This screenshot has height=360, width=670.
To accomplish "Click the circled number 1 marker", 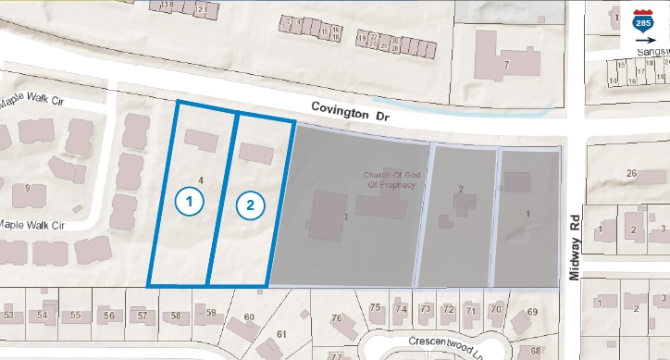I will (190, 199).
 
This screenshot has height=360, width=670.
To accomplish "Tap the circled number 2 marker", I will (249, 205).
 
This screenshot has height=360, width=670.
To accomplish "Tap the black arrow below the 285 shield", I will (642, 41).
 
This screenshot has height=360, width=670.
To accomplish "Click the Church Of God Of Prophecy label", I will (385, 179).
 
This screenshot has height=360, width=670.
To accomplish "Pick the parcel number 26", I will (633, 173).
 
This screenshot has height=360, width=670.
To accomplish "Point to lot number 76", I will (337, 318).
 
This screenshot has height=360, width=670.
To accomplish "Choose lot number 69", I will (532, 312).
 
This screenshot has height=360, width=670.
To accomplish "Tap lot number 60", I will (248, 318).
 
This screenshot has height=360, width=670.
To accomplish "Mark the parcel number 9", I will (27, 188).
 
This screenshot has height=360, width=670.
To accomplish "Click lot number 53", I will (9, 316).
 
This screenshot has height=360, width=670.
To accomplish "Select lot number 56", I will (109, 316).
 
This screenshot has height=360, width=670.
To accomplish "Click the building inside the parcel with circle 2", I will (256, 154).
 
